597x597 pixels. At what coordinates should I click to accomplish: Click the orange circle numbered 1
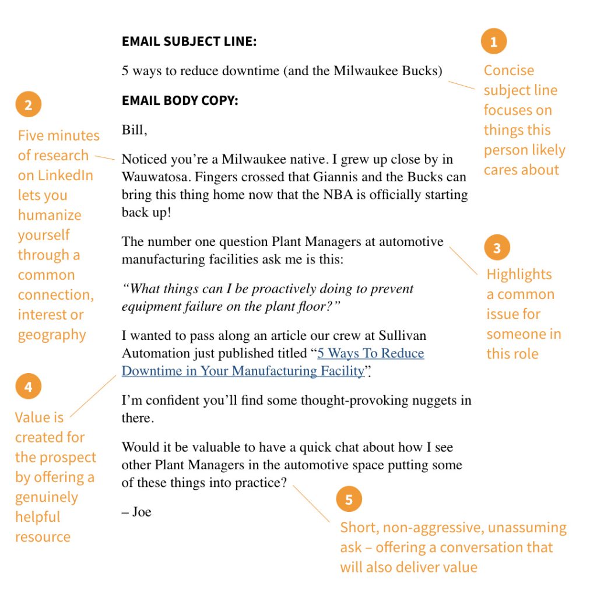pyautogui.click(x=494, y=41)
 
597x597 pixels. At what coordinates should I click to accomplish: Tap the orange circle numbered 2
pyautogui.click(x=28, y=106)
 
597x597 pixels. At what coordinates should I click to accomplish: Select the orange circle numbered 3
pyautogui.click(x=497, y=248)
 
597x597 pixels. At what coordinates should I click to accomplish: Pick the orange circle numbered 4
pyautogui.click(x=28, y=387)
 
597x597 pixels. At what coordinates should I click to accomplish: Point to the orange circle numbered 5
pyautogui.click(x=349, y=500)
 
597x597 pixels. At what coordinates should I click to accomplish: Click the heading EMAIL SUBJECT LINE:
pyautogui.click(x=189, y=42)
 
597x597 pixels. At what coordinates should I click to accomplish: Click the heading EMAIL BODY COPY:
pyautogui.click(x=180, y=101)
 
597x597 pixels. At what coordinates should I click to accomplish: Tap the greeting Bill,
pyautogui.click(x=134, y=130)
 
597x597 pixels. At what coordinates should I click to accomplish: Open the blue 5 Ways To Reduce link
pyautogui.click(x=370, y=353)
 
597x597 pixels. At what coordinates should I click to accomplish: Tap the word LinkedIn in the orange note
pyautogui.click(x=65, y=175)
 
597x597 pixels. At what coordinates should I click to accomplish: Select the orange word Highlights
pyautogui.click(x=519, y=275)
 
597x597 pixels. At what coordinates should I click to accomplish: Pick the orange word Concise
pyautogui.click(x=508, y=71)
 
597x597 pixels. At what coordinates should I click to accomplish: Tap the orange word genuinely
pyautogui.click(x=47, y=497)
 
